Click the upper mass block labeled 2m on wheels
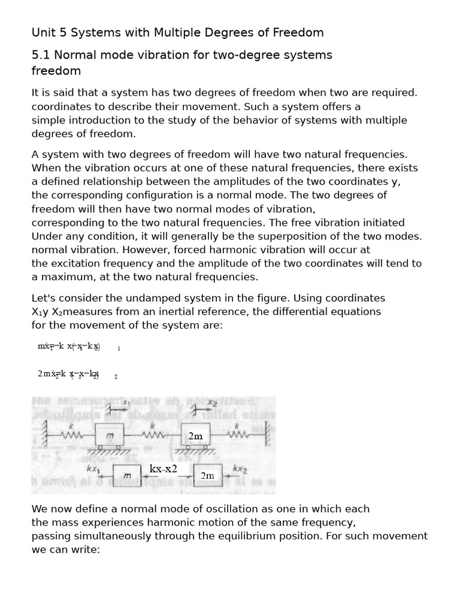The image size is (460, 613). pos(196,436)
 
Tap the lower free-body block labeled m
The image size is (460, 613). pos(127,475)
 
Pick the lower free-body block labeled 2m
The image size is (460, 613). pos(208,475)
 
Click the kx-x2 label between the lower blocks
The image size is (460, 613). pos(163,469)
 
